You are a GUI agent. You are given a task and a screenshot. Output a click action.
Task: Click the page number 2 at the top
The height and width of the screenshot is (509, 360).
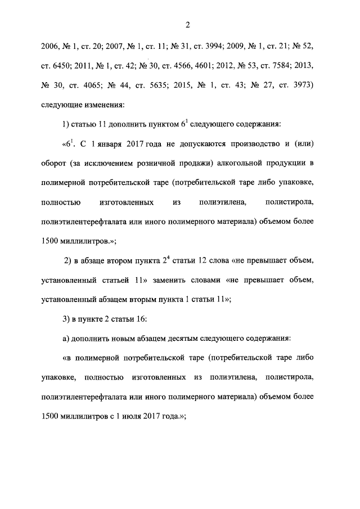188,25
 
